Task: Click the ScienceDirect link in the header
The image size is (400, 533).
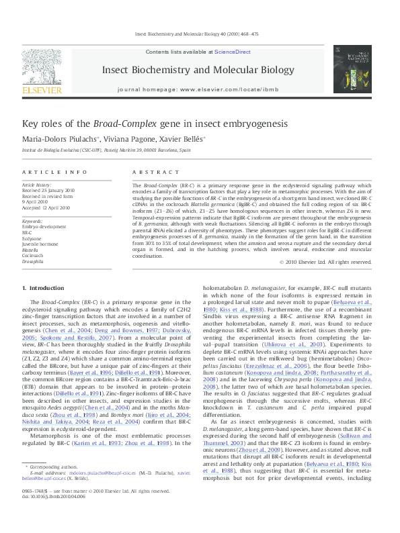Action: coord(233,52)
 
